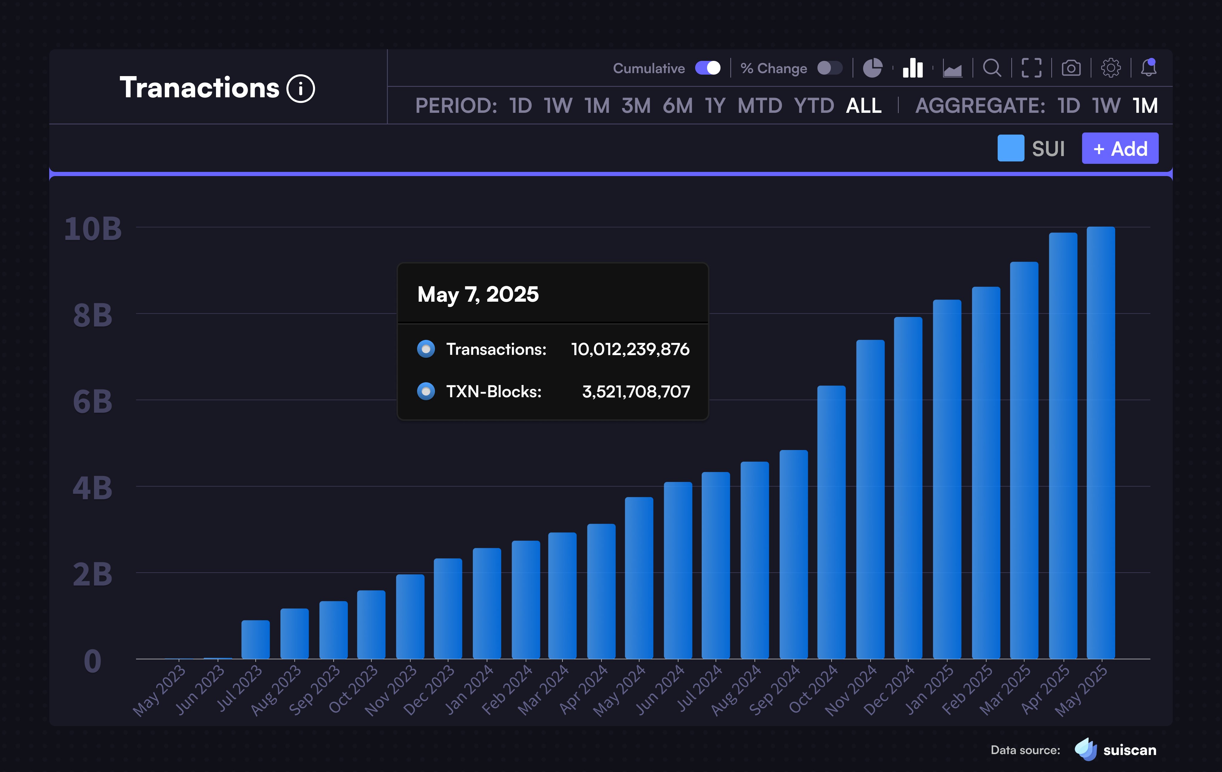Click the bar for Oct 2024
[831, 523]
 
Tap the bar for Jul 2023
[255, 640]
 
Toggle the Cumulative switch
[708, 68]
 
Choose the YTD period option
[814, 106]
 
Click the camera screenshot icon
[1071, 68]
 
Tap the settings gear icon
[1110, 68]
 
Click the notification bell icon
[1148, 68]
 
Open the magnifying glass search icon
[992, 68]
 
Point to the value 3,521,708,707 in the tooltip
[636, 391]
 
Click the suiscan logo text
[1130, 750]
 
